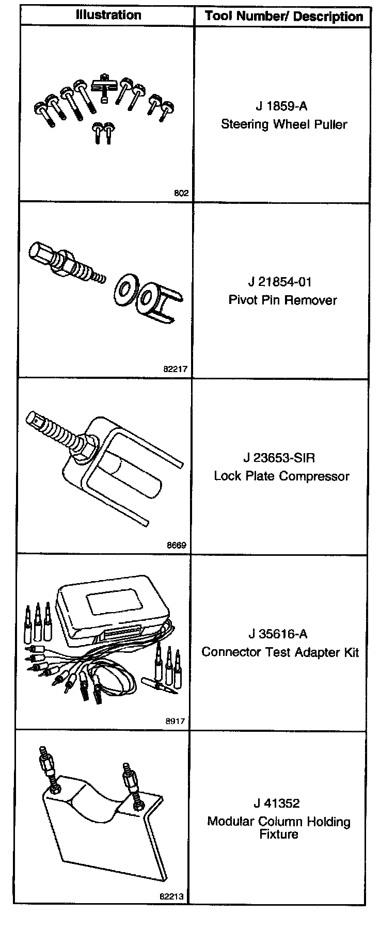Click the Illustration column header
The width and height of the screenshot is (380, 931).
tap(108, 14)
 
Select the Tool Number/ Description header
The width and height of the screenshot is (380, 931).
tap(283, 16)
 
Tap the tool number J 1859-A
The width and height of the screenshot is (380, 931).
tap(281, 106)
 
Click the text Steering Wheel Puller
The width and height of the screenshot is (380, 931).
tap(284, 124)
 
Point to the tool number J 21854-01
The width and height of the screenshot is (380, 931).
tap(280, 282)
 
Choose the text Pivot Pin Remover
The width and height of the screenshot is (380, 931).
tap(282, 300)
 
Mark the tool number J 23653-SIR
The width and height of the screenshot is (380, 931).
tap(279, 458)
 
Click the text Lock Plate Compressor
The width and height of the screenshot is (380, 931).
tap(282, 476)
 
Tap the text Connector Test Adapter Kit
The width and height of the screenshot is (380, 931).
tap(280, 652)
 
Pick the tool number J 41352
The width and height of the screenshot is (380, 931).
tap(277, 803)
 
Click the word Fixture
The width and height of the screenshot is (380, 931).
tap(279, 834)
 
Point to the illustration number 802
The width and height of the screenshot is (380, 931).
tap(182, 194)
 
